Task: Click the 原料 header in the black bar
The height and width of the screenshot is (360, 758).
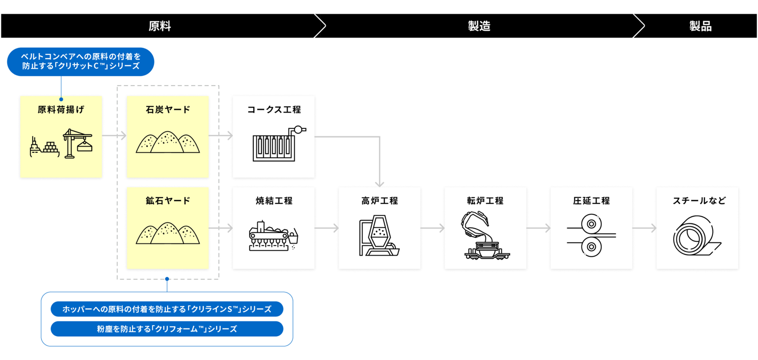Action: click(x=160, y=26)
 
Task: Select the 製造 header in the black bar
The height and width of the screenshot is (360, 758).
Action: click(x=479, y=26)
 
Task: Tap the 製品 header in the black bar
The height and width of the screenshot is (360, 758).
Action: click(x=700, y=26)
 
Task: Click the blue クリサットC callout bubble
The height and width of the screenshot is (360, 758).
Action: click(x=80, y=61)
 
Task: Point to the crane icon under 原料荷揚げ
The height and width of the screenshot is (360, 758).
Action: click(x=78, y=143)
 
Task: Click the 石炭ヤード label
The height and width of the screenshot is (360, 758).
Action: click(x=168, y=110)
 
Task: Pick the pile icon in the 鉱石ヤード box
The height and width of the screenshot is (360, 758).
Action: click(x=168, y=233)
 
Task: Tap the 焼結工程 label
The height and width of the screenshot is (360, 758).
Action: click(x=274, y=201)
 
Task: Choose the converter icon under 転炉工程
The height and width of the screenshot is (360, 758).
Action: click(x=485, y=236)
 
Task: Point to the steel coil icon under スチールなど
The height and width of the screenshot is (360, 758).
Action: click(x=697, y=236)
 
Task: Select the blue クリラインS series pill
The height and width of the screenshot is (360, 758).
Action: click(x=167, y=309)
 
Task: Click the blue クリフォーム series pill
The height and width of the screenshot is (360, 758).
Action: click(x=167, y=329)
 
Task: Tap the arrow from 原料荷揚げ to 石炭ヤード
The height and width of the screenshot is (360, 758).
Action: click(x=114, y=136)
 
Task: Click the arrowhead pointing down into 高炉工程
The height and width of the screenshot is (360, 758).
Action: click(x=379, y=184)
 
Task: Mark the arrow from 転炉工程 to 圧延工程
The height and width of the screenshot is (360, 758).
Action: click(x=539, y=229)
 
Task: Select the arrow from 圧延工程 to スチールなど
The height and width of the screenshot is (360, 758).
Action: click(x=645, y=229)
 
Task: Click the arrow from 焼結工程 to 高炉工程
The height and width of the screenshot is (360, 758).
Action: click(x=327, y=229)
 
